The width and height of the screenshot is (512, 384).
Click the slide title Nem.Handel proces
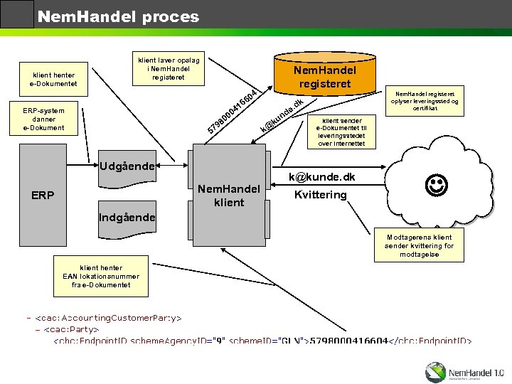coord(118,16)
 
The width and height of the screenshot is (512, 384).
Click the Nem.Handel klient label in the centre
coord(229,196)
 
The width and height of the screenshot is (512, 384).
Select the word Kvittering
coord(320,195)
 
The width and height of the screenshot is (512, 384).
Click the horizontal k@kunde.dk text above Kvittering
coord(321,177)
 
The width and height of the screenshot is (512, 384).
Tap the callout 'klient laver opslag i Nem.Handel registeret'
coord(168,68)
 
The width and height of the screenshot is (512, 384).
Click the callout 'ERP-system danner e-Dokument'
coord(44,119)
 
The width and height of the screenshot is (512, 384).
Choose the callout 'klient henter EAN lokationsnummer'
coord(100,276)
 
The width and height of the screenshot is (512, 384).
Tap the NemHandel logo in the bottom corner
coord(464,371)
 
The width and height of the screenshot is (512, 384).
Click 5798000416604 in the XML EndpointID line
coord(348,341)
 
